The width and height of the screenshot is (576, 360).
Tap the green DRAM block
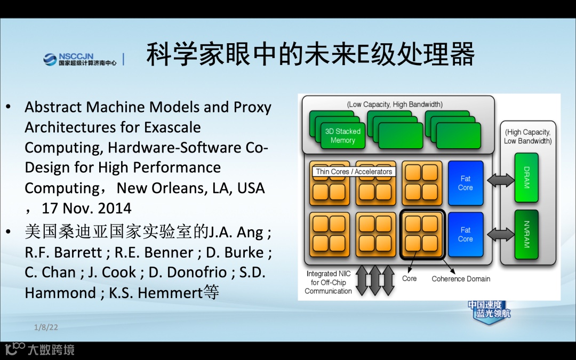coord(526,178)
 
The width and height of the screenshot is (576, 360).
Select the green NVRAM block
coord(526,234)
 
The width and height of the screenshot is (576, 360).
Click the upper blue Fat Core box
coord(465,183)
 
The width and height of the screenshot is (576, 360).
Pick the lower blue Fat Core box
coord(465,234)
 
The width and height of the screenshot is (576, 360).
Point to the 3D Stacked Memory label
coord(342,135)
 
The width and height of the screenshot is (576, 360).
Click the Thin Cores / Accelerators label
coord(354,172)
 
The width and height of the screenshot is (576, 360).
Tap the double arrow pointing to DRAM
coord(500,180)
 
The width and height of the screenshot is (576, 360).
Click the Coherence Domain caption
coord(461,278)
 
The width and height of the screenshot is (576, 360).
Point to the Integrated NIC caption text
coord(329,282)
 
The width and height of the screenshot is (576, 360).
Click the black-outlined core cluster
coord(422,235)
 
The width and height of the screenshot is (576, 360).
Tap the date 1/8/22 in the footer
coord(46,327)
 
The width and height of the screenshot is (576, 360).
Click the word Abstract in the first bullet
coord(53,107)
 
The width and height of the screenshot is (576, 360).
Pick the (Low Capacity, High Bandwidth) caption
coord(395,105)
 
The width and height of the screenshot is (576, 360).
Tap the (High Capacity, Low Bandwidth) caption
coord(527,137)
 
